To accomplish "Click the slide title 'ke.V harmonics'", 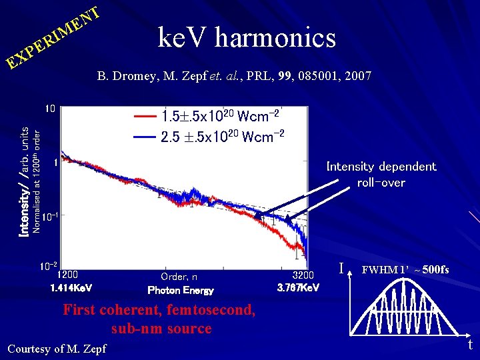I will point(247,38).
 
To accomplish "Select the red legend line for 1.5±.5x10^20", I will point(145,116).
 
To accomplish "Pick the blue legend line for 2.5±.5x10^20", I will point(145,137).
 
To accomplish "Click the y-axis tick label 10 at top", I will point(50,109).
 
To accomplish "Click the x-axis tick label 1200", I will point(67,274).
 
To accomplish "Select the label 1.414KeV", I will point(71,288).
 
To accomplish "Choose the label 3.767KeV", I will point(299,288).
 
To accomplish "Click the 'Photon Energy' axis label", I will point(181,290).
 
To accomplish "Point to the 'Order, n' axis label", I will point(179,276).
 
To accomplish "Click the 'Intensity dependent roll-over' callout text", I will point(381,174).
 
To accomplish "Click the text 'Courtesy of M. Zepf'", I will point(56,348).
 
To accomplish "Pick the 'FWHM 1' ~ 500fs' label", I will point(405,270).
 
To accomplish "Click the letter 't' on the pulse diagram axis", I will point(469,345).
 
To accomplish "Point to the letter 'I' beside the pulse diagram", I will point(341,269).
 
